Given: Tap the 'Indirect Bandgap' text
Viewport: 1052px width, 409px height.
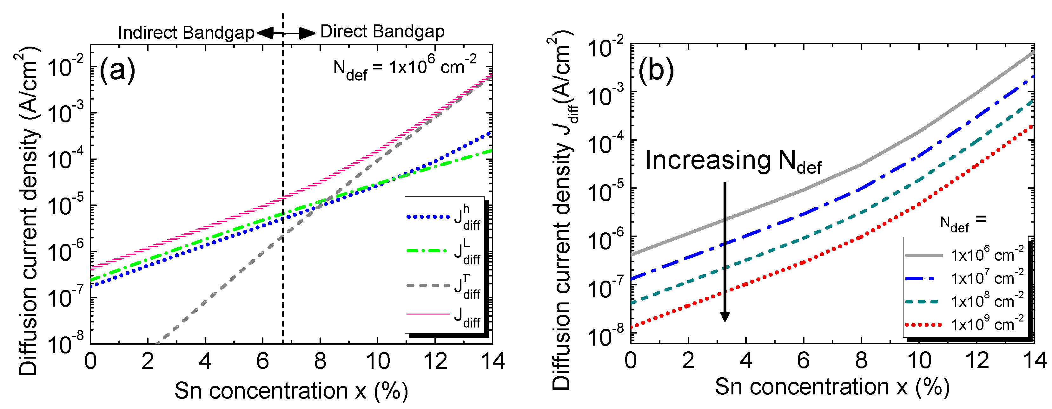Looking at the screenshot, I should click(186, 33).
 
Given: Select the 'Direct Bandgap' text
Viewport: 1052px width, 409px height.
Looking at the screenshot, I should click(382, 32).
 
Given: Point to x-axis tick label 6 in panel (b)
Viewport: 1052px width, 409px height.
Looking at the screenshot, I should click(803, 361).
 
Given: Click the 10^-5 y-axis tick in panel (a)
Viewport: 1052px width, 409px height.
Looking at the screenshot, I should click(65, 205).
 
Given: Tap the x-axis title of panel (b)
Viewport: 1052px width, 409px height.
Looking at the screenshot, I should click(832, 387).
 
